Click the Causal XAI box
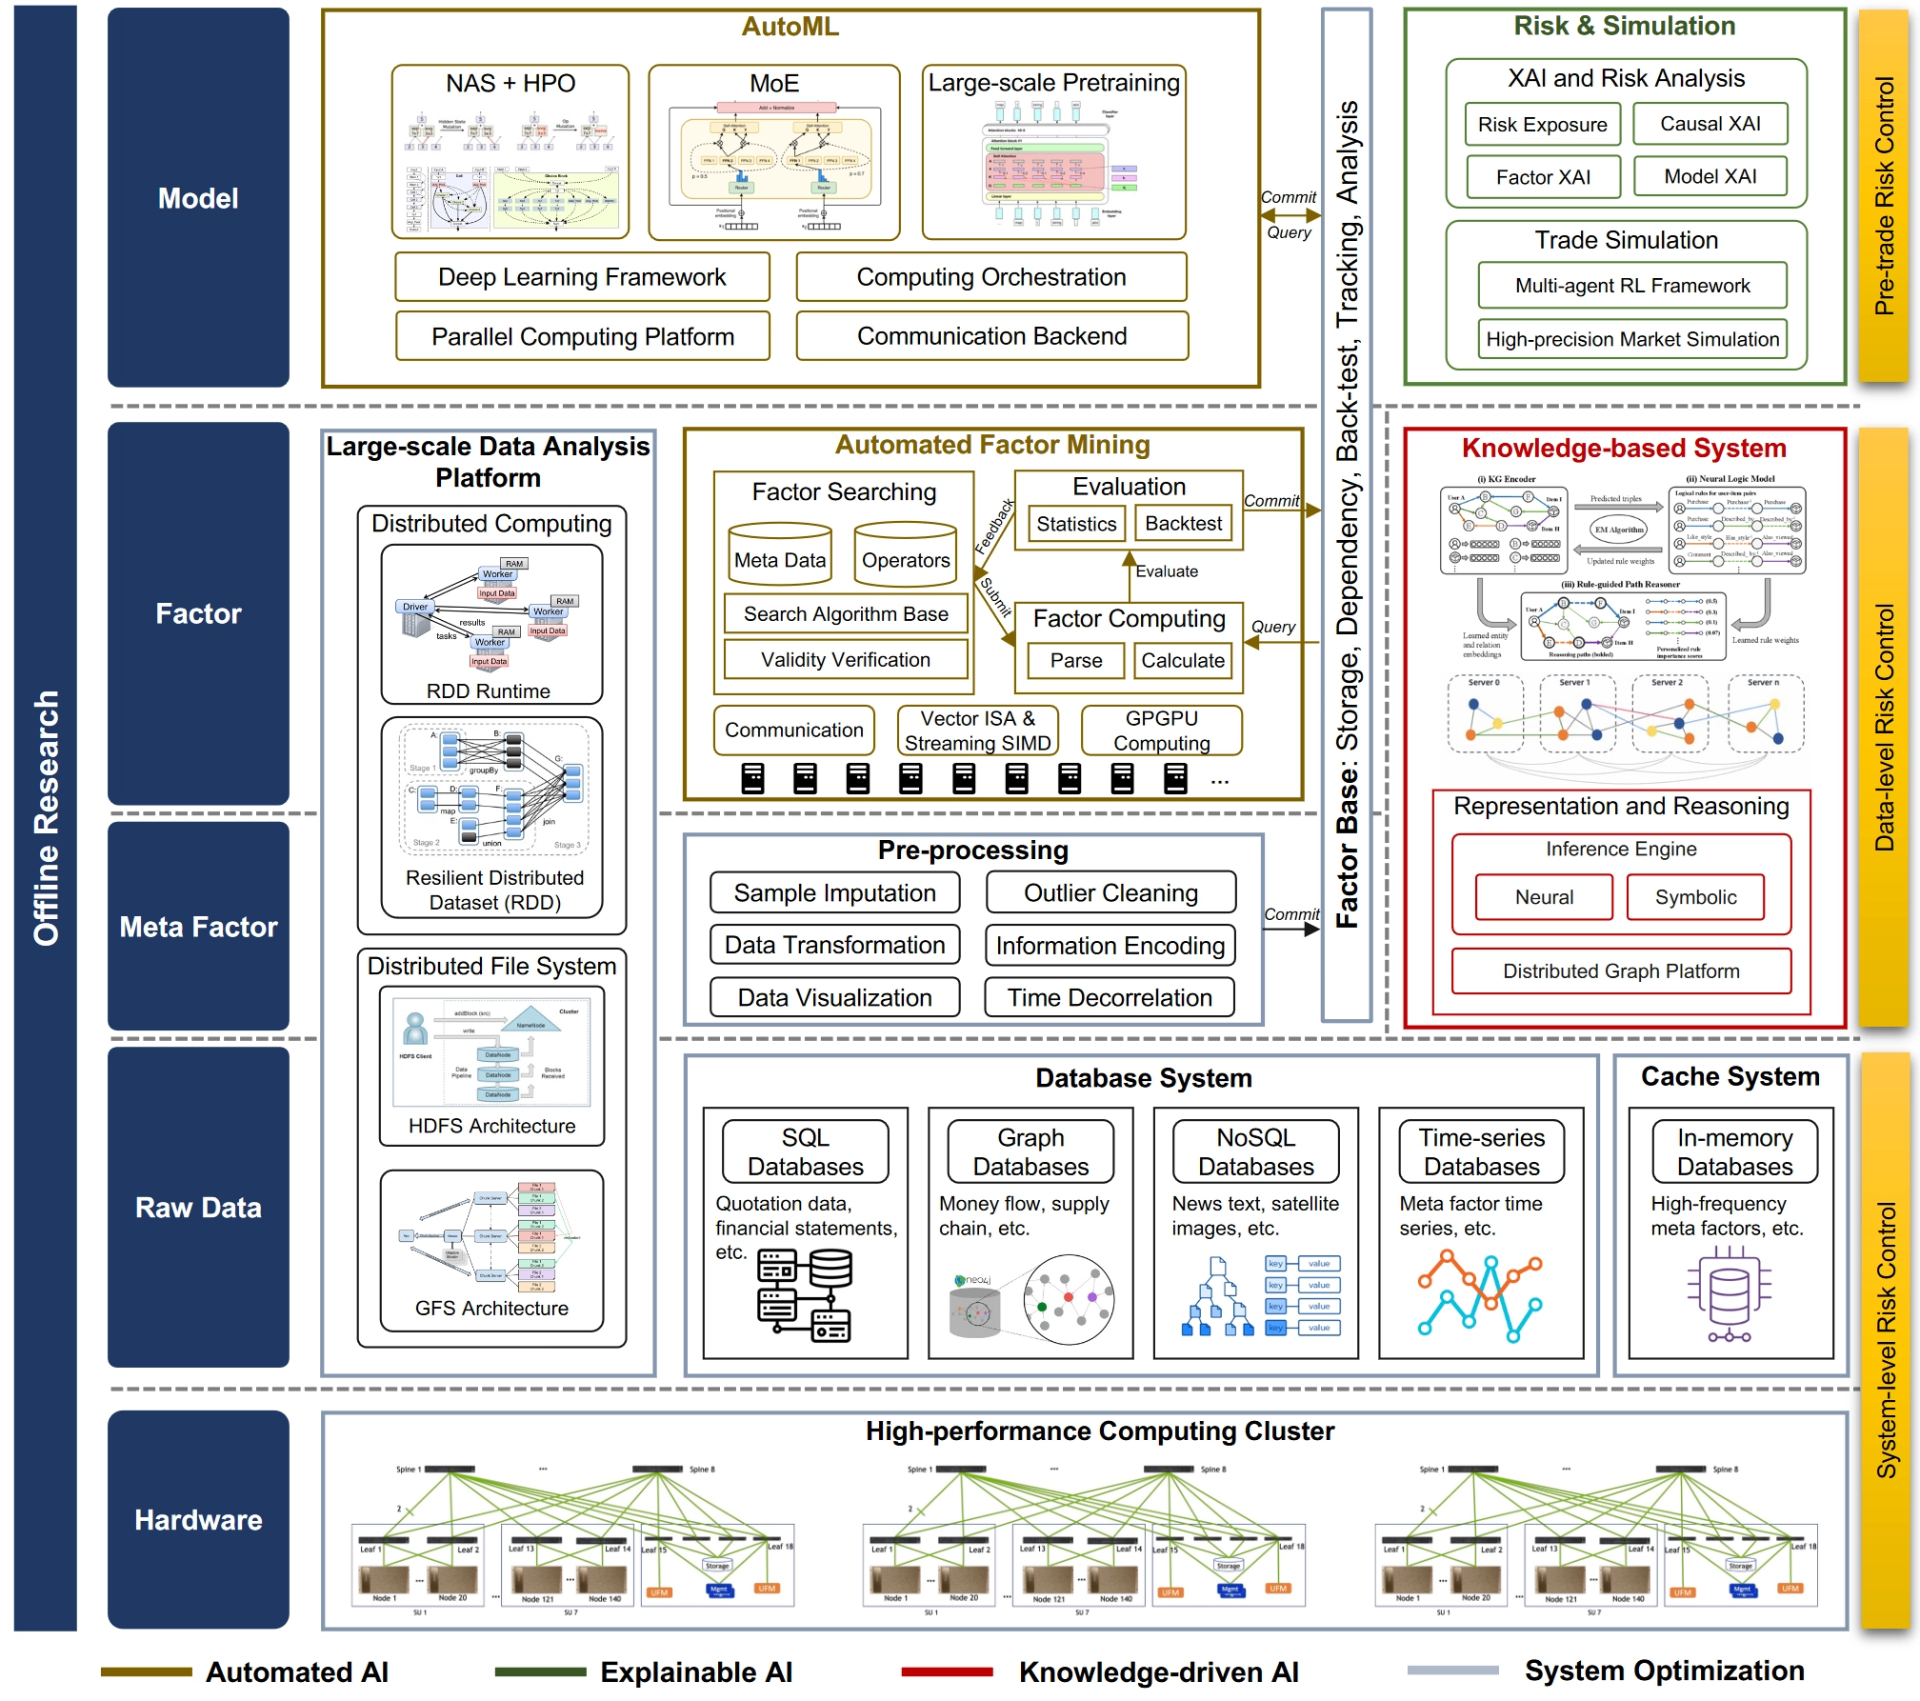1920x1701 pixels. coord(1710,124)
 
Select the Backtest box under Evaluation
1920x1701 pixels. coord(1183,524)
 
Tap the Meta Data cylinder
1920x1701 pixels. coord(780,553)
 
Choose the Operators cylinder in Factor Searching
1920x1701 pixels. coord(905,553)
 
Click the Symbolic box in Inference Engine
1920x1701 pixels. coord(1695,897)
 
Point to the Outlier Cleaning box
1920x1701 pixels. coord(1110,893)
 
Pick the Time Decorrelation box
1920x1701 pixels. coord(1110,997)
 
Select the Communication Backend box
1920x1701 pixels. coord(991,336)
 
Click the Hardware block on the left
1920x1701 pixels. coord(198,1519)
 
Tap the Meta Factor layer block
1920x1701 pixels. coord(198,927)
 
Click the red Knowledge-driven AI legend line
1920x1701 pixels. coord(947,1671)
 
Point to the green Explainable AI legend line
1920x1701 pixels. coord(540,1671)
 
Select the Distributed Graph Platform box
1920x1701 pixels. coord(1621,971)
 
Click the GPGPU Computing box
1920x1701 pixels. coord(1161,730)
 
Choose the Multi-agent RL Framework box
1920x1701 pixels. coord(1632,286)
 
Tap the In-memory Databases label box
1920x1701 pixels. coord(1734,1151)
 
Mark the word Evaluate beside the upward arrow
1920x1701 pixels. coord(1167,571)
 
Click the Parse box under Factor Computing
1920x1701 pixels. coord(1076,660)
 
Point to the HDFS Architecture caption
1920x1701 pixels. coord(491,1126)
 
